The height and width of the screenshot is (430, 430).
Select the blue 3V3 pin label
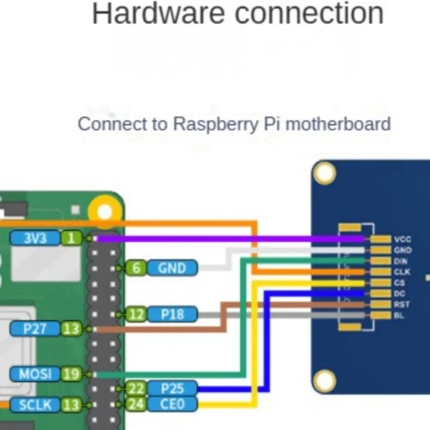(x=35, y=238)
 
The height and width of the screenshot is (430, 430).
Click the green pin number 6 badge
(x=137, y=268)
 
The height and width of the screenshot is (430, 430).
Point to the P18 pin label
(x=172, y=314)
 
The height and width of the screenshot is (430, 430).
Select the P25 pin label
(x=171, y=388)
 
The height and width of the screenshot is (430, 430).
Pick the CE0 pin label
(x=171, y=404)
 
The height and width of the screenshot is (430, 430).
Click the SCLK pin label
(x=34, y=405)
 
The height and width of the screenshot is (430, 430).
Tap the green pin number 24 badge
(x=136, y=404)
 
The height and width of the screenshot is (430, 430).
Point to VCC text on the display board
(x=403, y=239)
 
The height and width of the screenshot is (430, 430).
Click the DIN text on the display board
(x=401, y=261)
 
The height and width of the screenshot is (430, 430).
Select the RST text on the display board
(x=402, y=304)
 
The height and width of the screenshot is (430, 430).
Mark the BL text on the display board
(x=399, y=315)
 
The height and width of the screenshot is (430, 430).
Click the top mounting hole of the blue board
(x=325, y=174)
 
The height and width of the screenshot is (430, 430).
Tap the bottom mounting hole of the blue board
(x=325, y=381)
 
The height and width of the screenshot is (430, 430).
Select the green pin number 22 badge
(x=136, y=388)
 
